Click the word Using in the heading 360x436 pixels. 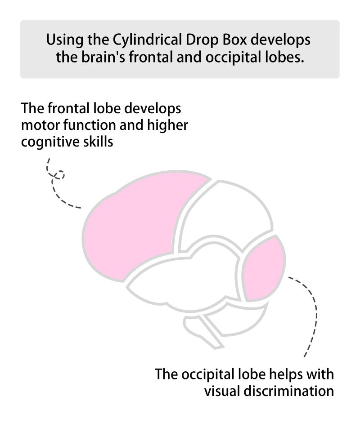point(65,40)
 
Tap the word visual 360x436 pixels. point(222,391)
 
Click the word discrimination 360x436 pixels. point(289,391)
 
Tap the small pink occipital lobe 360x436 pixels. point(263,268)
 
